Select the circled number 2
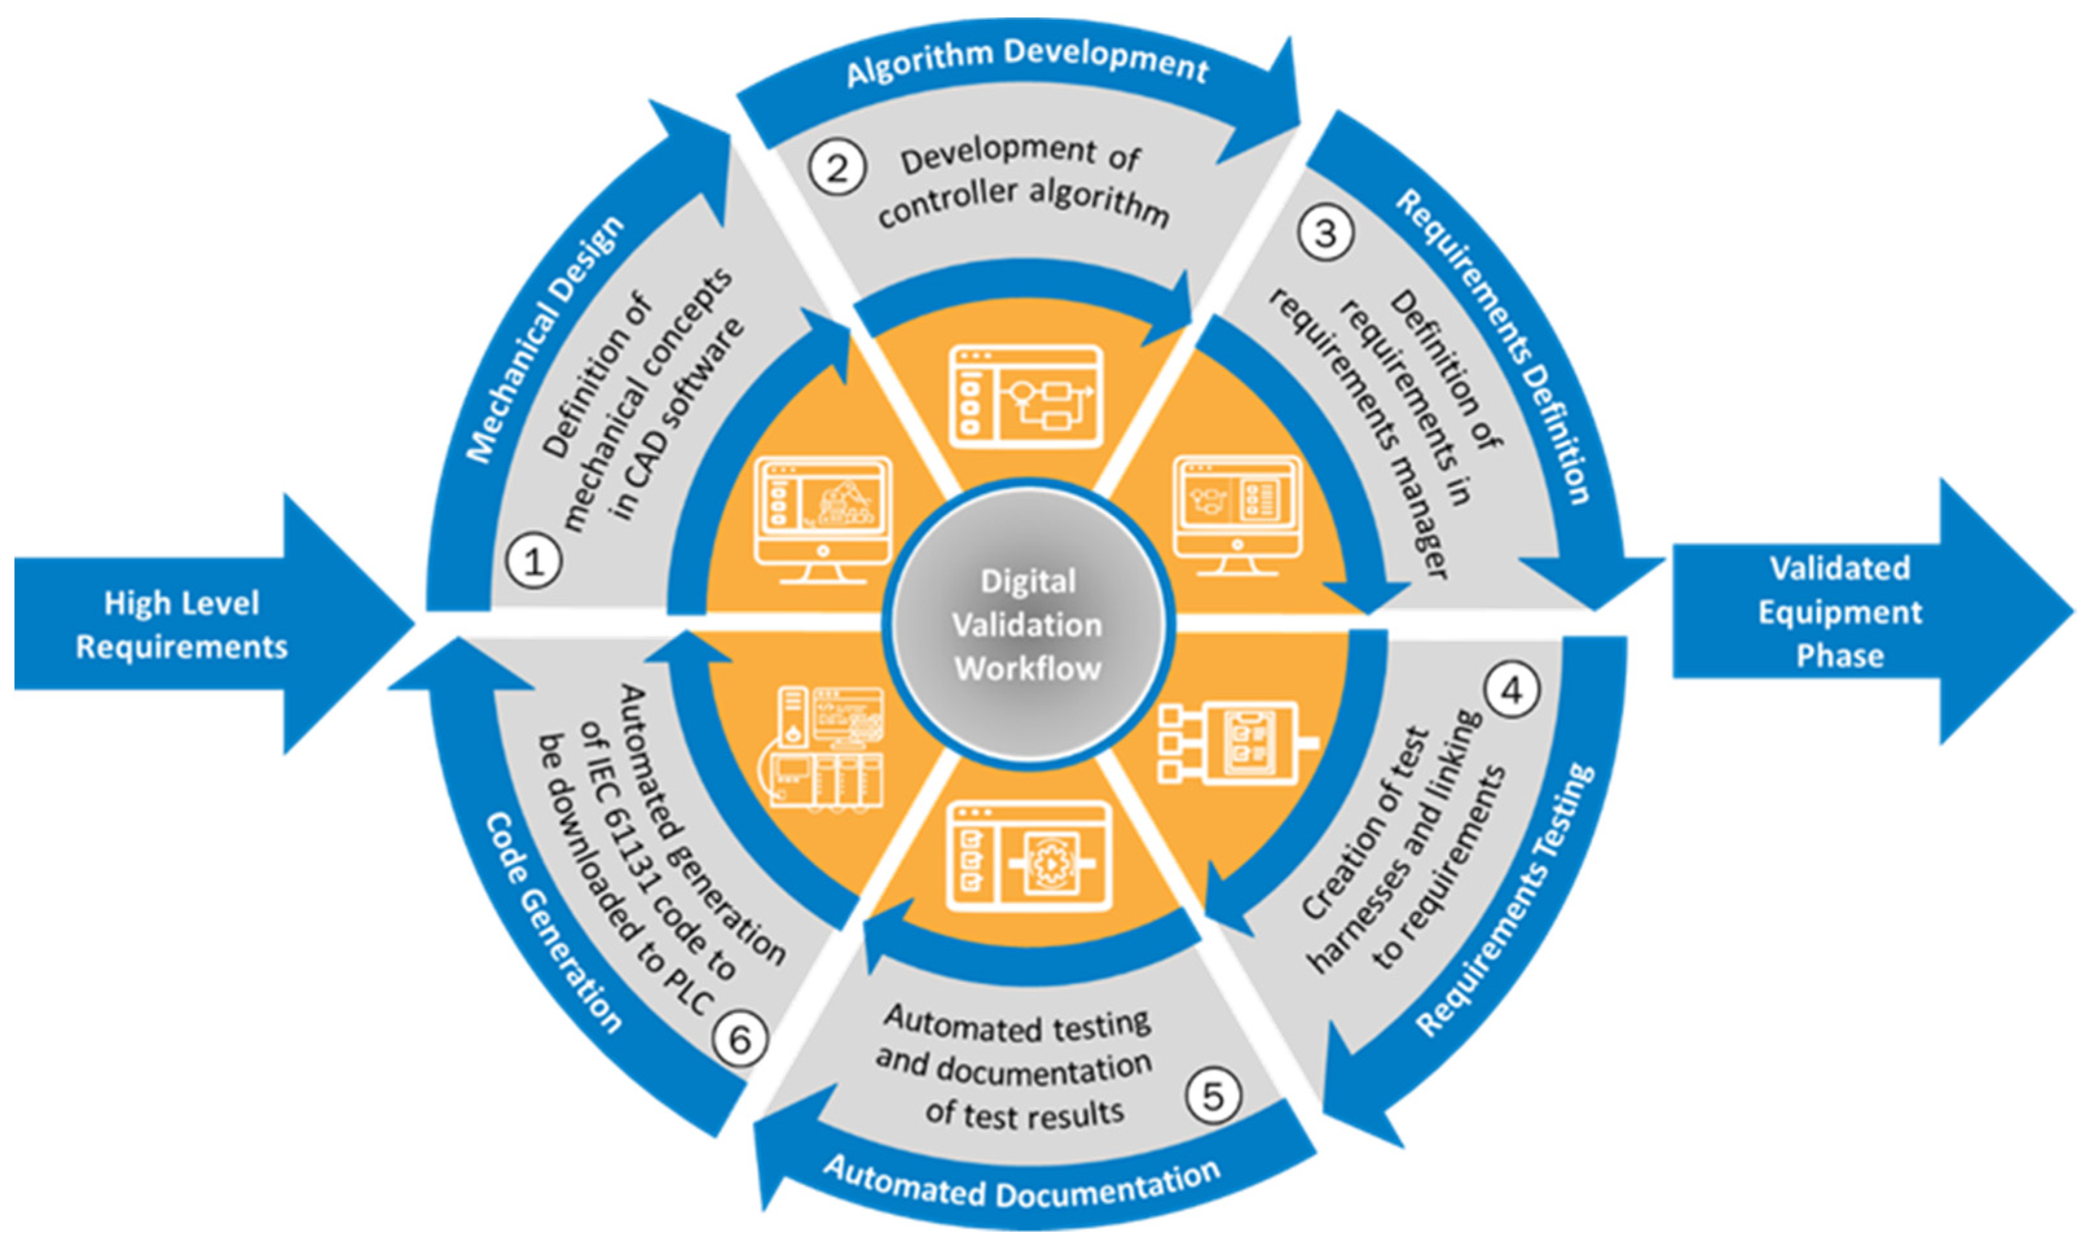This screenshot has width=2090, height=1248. point(836,168)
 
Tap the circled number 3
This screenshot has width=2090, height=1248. point(1325,233)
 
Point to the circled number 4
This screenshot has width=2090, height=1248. point(1512,690)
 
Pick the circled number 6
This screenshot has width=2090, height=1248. point(740,1040)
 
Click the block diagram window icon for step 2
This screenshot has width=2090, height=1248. point(1026,395)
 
